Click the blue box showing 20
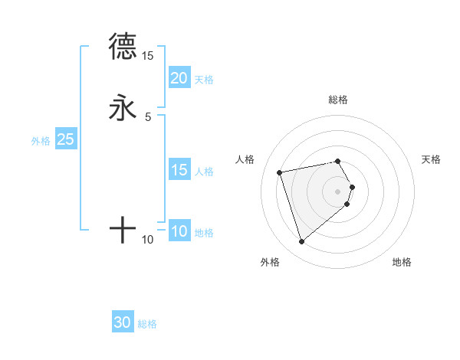(179, 77)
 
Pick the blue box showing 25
(65, 139)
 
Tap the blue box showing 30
(123, 322)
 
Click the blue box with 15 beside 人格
(179, 170)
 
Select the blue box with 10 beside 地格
(179, 231)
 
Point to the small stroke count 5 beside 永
(148, 116)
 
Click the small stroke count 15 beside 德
(148, 56)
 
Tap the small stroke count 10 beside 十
(148, 240)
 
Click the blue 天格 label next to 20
(204, 79)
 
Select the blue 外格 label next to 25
(41, 141)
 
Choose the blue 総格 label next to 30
(147, 324)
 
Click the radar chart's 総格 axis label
(338, 100)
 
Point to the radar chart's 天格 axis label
(431, 159)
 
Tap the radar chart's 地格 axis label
(402, 262)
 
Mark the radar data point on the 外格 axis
(302, 241)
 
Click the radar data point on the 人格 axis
(280, 172)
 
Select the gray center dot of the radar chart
(338, 190)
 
